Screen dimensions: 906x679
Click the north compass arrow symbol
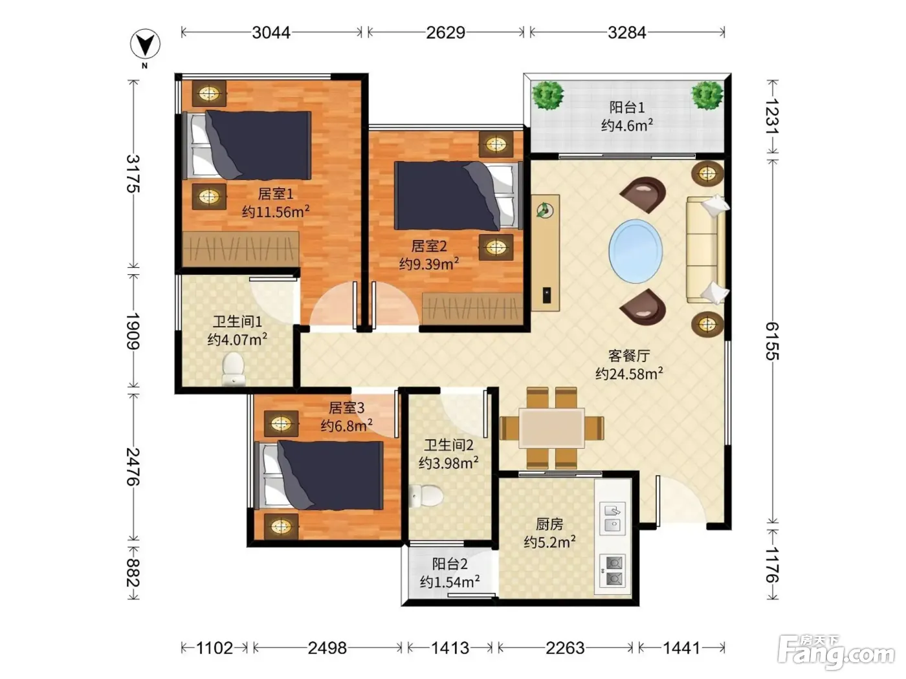[x=145, y=44]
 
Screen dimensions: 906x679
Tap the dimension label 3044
[x=271, y=32]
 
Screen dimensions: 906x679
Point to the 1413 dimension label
[x=450, y=648]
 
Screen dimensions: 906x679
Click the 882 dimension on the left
[x=133, y=572]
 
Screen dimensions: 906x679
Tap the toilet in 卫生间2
[x=426, y=496]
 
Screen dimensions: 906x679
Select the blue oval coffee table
[x=635, y=251]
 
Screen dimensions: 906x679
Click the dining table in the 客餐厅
[x=551, y=428]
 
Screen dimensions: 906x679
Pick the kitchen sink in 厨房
[x=612, y=518]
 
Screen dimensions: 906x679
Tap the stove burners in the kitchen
[x=612, y=570]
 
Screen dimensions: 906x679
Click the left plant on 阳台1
[x=547, y=95]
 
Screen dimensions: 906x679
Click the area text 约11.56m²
[x=276, y=212]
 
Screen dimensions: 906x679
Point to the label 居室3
[x=346, y=408]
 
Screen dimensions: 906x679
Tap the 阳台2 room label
[x=450, y=563]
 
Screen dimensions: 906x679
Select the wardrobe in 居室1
[x=241, y=250]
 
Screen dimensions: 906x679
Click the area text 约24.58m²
[x=629, y=374]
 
